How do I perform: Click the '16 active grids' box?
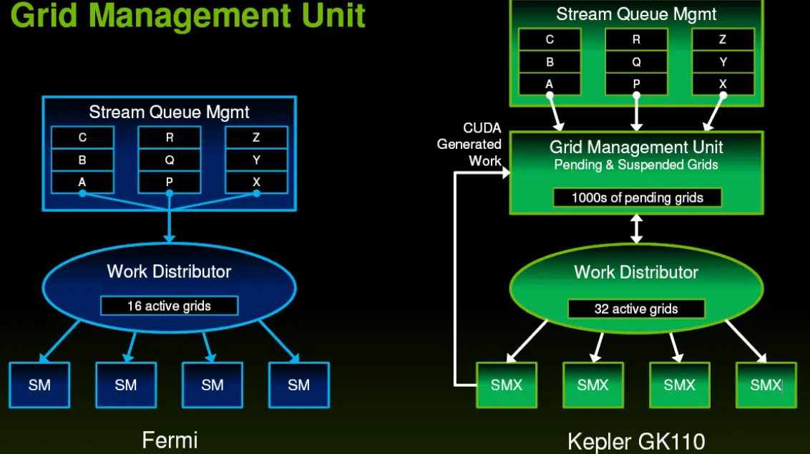pyautogui.click(x=169, y=306)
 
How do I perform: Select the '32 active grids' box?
pyautogui.click(x=635, y=309)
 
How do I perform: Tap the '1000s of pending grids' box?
pyautogui.click(x=637, y=198)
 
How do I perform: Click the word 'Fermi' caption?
pyautogui.click(x=170, y=438)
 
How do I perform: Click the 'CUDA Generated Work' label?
pyautogui.click(x=469, y=145)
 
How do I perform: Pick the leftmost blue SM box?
pyautogui.click(x=39, y=385)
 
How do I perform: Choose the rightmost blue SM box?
pyautogui.click(x=298, y=385)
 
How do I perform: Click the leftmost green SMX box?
pyautogui.click(x=506, y=385)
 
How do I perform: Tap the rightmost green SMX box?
pyautogui.click(x=766, y=385)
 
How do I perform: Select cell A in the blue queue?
pyautogui.click(x=82, y=182)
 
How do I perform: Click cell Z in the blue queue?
pyautogui.click(x=256, y=137)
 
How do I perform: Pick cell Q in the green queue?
pyautogui.click(x=636, y=62)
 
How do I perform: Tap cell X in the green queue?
pyautogui.click(x=723, y=84)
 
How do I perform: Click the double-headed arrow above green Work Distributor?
pyautogui.click(x=636, y=229)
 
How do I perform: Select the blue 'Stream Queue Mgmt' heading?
pyautogui.click(x=169, y=112)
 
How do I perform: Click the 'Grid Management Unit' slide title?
pyautogui.click(x=188, y=16)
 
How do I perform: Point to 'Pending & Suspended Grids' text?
pyautogui.click(x=636, y=165)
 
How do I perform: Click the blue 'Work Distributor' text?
pyautogui.click(x=169, y=271)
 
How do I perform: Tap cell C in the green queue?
pyautogui.click(x=550, y=40)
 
